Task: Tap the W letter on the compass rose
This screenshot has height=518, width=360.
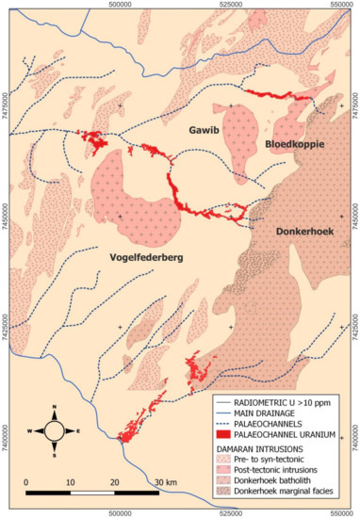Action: (30, 431)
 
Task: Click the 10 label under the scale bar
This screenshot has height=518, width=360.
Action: (71, 483)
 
